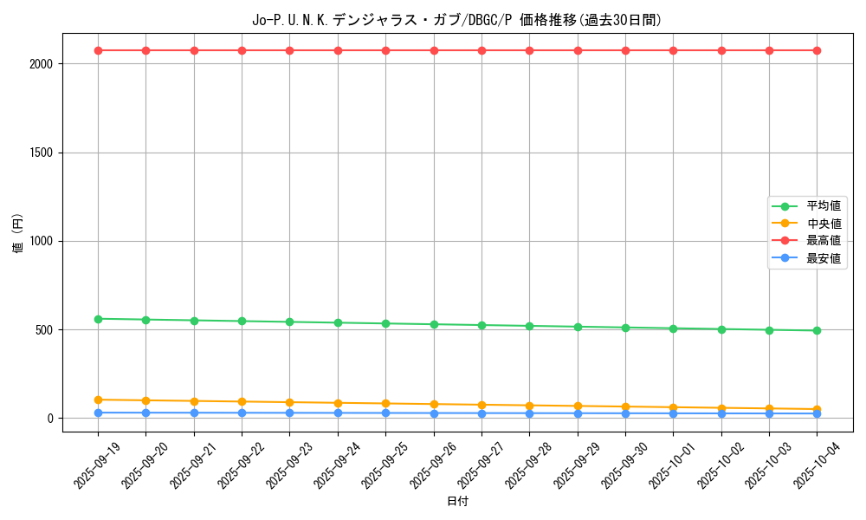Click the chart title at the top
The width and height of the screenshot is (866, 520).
pyautogui.click(x=456, y=20)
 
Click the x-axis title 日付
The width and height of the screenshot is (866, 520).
pyautogui.click(x=457, y=502)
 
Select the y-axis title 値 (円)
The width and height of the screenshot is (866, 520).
pyautogui.click(x=17, y=234)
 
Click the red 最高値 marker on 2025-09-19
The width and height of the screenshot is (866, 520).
pyautogui.click(x=98, y=50)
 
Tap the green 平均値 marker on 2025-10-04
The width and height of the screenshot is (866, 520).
pyautogui.click(x=817, y=330)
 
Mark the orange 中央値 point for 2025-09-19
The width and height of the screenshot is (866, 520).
pyautogui.click(x=98, y=400)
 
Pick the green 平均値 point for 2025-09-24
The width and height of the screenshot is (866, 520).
pyautogui.click(x=338, y=322)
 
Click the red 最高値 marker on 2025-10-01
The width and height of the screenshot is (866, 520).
pyautogui.click(x=673, y=50)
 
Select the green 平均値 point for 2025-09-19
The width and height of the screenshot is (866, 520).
pyautogui.click(x=98, y=319)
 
